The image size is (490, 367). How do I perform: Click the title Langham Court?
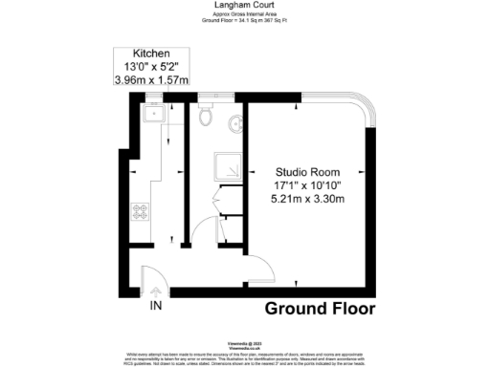coord(244,5)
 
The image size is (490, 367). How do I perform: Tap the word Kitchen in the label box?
coord(152,54)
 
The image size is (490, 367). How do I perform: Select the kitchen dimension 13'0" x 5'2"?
coord(152,67)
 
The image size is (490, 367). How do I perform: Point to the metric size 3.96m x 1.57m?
coord(152,81)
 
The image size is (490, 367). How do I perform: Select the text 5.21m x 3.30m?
coord(302,199)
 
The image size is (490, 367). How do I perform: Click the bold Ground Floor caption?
coord(320,309)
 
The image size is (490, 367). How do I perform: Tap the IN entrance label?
coord(155,306)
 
